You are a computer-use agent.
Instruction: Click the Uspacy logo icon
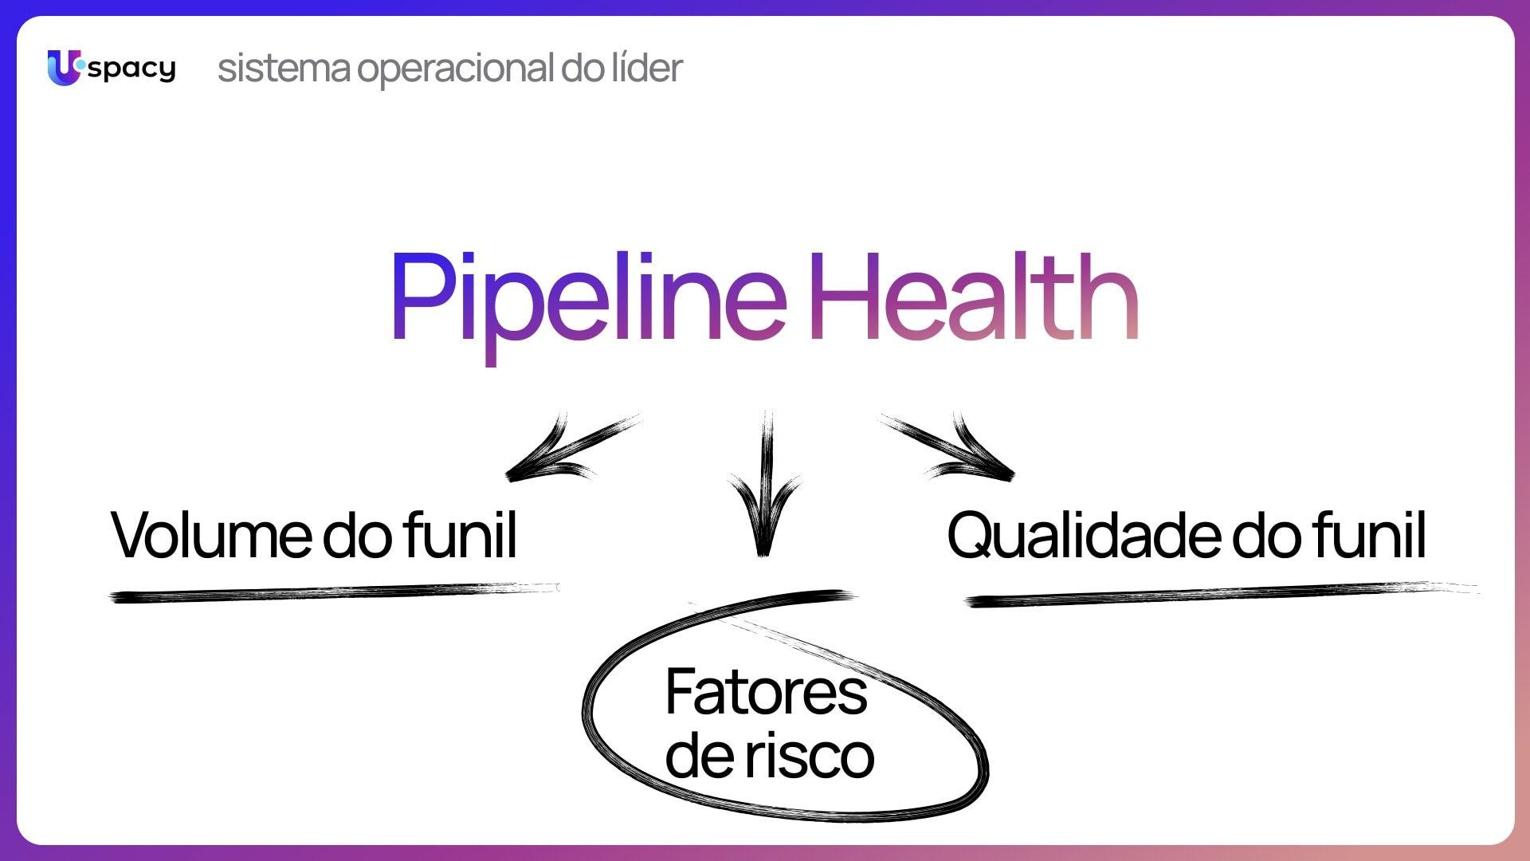[64, 68]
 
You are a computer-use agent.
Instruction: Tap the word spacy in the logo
[131, 69]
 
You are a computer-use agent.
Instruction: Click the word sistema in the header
[284, 69]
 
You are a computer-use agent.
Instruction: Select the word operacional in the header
[454, 70]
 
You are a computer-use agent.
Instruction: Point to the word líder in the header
[646, 67]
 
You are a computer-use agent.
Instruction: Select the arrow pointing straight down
[765, 486]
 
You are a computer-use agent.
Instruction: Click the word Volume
[212, 536]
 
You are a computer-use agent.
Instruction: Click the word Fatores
[766, 692]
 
